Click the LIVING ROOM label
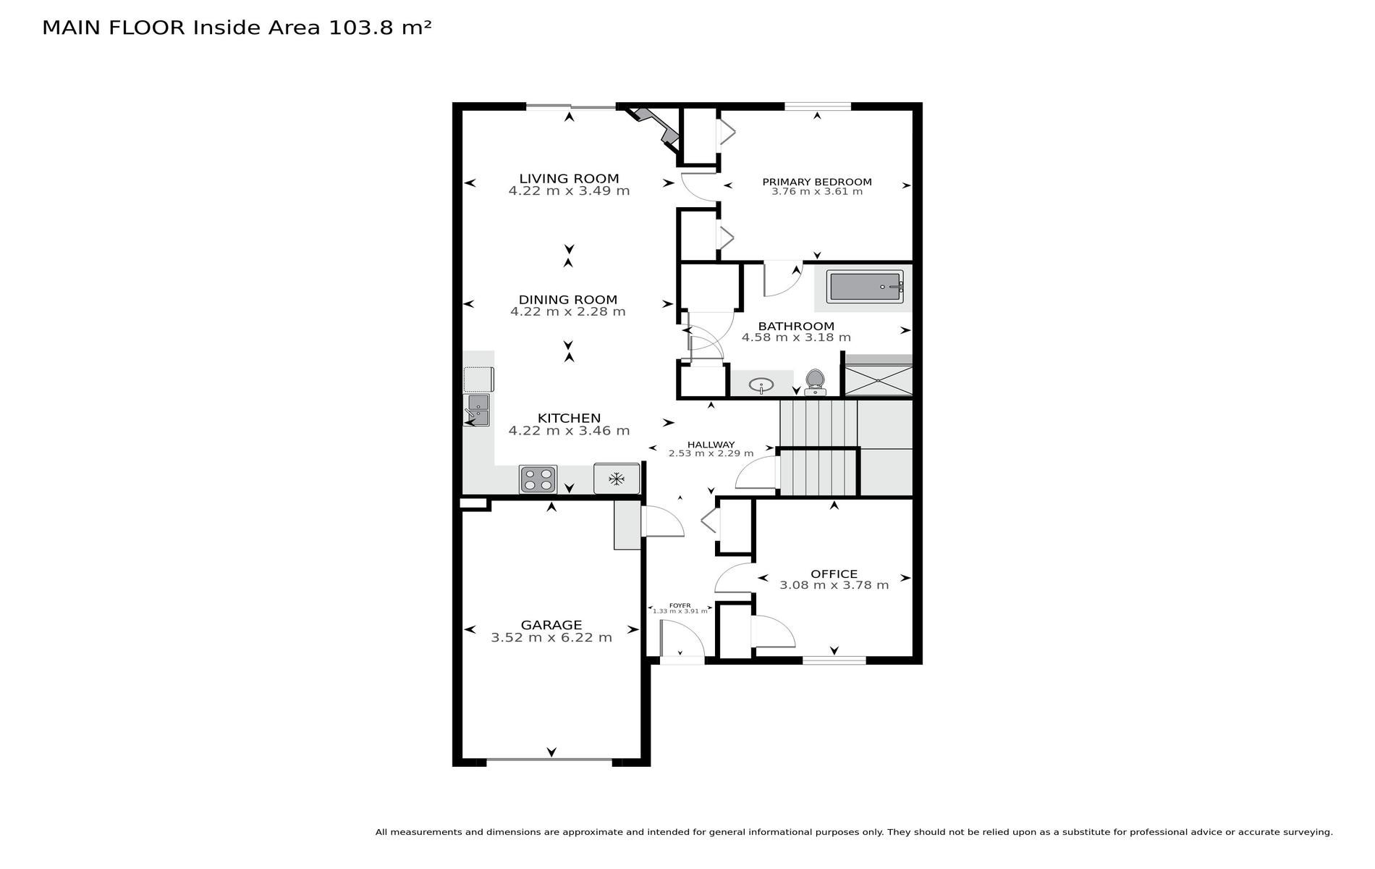[569, 178]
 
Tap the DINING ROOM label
[568, 299]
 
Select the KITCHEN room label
[569, 418]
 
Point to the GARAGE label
[551, 625]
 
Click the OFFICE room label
[834, 574]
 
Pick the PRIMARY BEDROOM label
[817, 182]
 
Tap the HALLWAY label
[711, 445]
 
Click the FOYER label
[680, 605]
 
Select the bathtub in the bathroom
[866, 287]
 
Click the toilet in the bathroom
[816, 382]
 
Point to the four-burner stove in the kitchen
[538, 479]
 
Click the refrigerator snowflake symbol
[617, 479]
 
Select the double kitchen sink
[477, 410]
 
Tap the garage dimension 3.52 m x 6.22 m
[551, 638]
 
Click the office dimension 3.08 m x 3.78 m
[834, 585]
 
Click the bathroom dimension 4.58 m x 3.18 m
[796, 337]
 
